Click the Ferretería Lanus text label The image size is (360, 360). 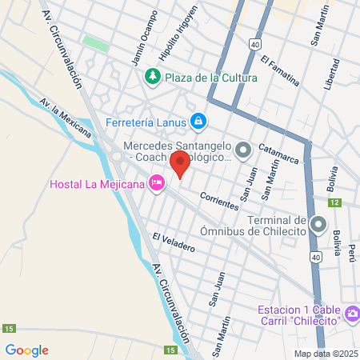pos(146,122)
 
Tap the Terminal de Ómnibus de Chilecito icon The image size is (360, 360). pos(318,223)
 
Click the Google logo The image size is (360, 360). pos(26,350)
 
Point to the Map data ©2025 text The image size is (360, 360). pos(324,354)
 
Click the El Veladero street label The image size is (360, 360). pos(174,242)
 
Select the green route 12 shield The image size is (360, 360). pos(335,202)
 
